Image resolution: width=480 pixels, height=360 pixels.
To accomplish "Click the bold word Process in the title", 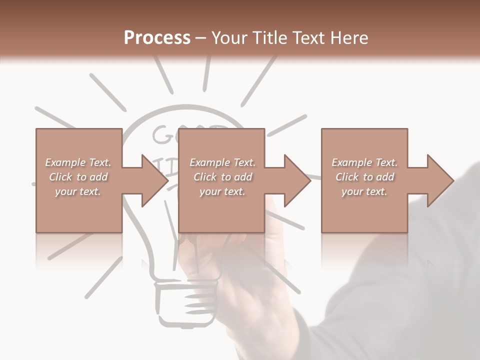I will pyautogui.click(x=157, y=38).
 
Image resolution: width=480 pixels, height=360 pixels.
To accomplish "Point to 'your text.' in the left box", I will pyautogui.click(x=78, y=191).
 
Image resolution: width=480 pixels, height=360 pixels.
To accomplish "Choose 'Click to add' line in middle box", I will pyautogui.click(x=222, y=177).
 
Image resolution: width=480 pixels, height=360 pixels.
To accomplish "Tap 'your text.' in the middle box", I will pyautogui.click(x=222, y=191).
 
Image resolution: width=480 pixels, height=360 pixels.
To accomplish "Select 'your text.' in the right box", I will pyautogui.click(x=364, y=191).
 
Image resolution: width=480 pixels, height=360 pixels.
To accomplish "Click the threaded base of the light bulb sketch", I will pyautogui.click(x=186, y=302).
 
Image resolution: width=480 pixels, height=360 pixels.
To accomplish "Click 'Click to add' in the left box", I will pyautogui.click(x=78, y=177).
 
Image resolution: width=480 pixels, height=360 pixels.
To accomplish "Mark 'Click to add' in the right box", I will pyautogui.click(x=364, y=177).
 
